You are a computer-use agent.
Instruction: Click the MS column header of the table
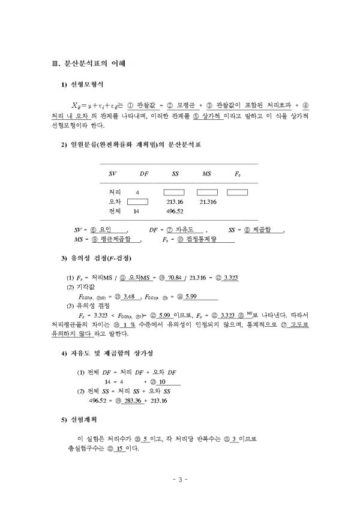click(206, 173)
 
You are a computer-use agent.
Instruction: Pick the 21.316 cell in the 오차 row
click(208, 201)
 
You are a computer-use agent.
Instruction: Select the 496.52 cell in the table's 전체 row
click(175, 211)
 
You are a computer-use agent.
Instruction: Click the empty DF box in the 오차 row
click(137, 201)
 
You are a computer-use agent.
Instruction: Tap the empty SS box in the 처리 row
click(175, 192)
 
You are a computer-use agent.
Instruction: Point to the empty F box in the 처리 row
click(237, 192)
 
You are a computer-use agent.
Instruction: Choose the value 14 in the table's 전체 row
click(136, 211)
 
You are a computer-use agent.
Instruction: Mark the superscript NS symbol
click(247, 314)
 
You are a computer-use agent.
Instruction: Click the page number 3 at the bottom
click(180, 479)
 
